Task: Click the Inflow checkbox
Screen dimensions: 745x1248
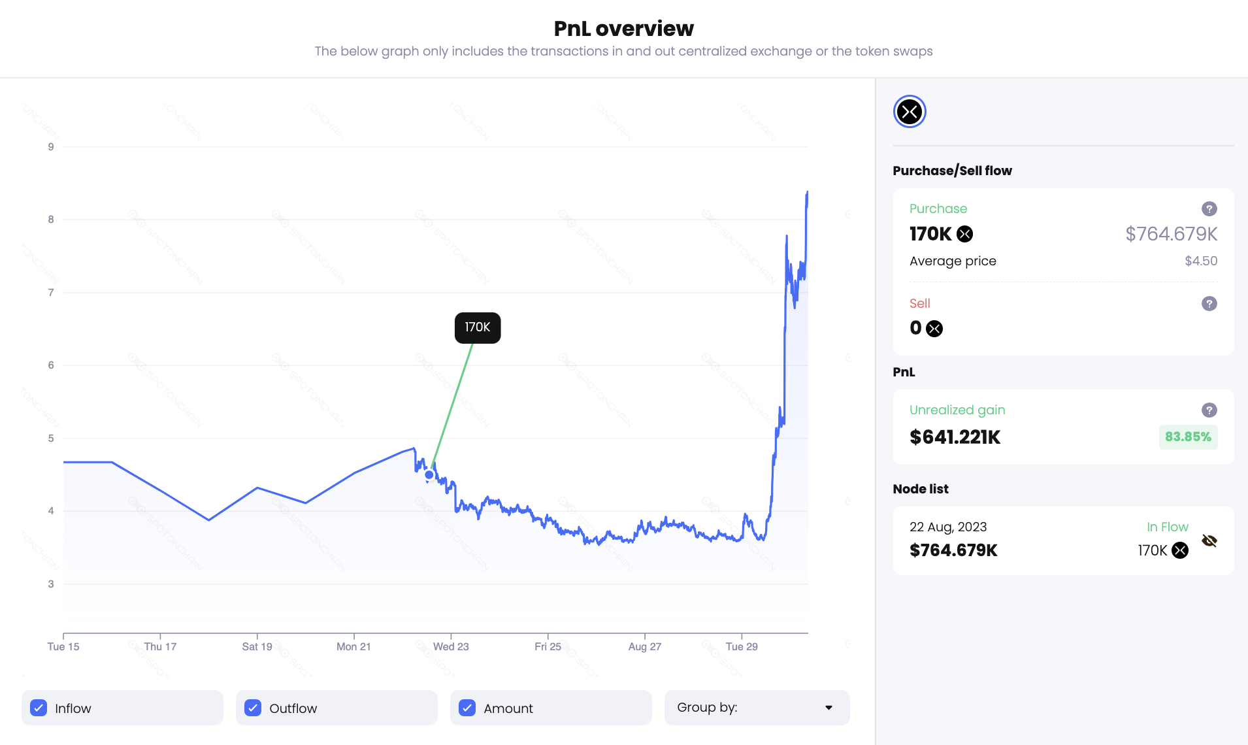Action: point(39,708)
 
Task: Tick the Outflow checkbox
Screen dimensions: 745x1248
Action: point(253,708)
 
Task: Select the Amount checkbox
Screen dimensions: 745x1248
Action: point(467,708)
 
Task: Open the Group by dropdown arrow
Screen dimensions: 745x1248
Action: point(829,708)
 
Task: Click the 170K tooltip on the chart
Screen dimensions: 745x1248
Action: point(478,327)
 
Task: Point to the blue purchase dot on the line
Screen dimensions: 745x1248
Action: point(429,474)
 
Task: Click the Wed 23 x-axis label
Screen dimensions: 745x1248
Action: point(451,646)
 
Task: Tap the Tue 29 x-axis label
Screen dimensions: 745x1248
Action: point(742,646)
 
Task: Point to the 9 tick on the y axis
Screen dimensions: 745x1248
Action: point(51,147)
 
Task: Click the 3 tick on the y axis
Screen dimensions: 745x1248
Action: point(51,584)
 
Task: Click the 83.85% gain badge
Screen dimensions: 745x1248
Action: point(1188,437)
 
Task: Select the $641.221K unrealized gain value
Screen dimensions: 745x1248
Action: point(955,437)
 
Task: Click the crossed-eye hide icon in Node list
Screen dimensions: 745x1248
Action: point(1209,540)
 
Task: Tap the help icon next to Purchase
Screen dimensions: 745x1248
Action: point(1209,208)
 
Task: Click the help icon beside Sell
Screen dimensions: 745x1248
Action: point(1209,303)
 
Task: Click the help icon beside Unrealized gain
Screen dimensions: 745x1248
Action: point(1209,410)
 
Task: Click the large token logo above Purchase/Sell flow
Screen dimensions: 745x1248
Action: point(910,112)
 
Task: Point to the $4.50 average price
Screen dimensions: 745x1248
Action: point(1201,261)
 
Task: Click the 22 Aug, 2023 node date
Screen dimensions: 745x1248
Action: point(948,527)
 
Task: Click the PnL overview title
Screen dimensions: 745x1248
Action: point(623,29)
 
